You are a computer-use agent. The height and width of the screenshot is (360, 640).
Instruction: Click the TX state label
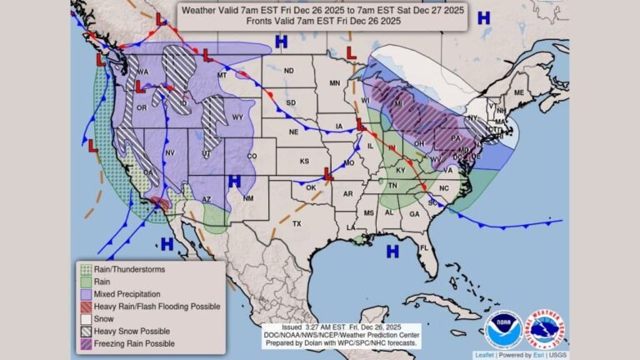tap(297, 225)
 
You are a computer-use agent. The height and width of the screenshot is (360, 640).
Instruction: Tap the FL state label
tap(423, 247)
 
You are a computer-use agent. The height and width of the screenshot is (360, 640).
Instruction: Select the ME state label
tap(519, 92)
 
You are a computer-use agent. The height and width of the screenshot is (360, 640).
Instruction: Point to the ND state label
tap(288, 71)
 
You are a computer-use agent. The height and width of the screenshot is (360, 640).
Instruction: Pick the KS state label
tap(305, 160)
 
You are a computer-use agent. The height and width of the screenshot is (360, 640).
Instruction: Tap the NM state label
tap(247, 198)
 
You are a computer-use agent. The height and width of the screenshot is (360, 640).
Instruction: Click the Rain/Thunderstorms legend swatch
tap(84, 268)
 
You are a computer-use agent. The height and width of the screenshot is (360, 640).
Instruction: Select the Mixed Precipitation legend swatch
tap(84, 294)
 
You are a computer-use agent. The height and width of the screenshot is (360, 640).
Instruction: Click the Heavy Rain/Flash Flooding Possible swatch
tap(84, 307)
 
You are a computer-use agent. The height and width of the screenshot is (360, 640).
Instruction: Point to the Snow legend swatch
tap(84, 319)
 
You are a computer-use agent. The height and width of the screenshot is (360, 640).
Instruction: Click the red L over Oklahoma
tap(328, 176)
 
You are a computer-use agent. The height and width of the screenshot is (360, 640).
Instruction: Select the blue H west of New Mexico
tap(234, 181)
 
